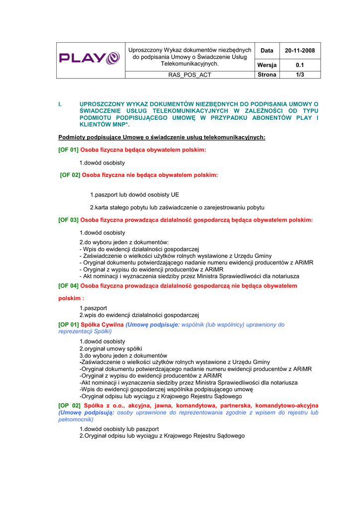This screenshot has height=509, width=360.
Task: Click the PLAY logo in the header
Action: coord(90,59)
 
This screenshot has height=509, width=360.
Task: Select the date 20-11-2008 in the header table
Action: coord(300,50)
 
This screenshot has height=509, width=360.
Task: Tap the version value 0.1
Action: coord(300,65)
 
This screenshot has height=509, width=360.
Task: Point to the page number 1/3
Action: coord(300,75)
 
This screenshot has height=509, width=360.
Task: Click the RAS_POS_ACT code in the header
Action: coord(189,75)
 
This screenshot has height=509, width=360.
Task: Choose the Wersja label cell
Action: coord(267,65)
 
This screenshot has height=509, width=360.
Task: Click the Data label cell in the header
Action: coord(267,50)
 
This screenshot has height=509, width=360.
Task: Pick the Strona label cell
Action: coord(267,75)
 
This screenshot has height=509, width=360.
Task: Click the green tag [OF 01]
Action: coord(68,150)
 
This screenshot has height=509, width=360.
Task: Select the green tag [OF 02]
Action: coord(70,175)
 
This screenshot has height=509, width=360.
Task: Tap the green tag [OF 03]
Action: coord(68,220)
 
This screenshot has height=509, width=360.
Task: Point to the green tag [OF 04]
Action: coord(68,286)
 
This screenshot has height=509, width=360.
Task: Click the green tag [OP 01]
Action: coord(69,325)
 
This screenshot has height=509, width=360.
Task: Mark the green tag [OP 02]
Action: coord(69,406)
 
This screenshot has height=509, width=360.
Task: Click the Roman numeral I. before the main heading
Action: coord(60,104)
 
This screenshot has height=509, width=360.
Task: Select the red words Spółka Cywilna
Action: coord(102,325)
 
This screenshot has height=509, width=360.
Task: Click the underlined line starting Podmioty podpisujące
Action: coord(162,137)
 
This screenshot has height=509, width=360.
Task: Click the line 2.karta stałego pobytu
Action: coord(177,207)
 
